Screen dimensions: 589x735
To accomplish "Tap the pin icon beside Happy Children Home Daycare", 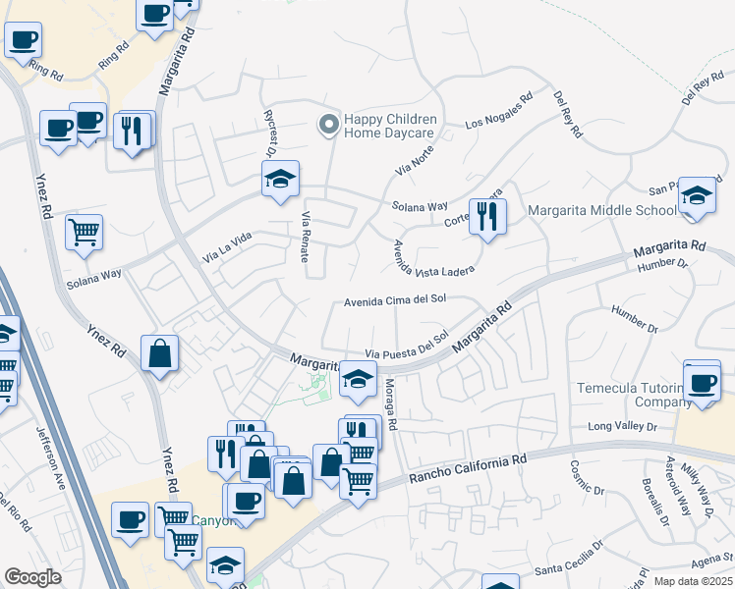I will click(x=328, y=125).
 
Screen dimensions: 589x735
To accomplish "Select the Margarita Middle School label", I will click(x=601, y=210).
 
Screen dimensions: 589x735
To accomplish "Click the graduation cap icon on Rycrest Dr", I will click(x=280, y=180).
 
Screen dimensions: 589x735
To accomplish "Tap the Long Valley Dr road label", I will click(x=621, y=426).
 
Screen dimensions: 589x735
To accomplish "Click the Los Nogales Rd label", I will click(x=498, y=111).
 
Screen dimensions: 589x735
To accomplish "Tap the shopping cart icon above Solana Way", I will click(x=85, y=233).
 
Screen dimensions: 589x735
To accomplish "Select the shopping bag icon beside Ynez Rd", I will click(x=159, y=352).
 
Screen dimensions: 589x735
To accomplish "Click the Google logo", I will click(x=32, y=577).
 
